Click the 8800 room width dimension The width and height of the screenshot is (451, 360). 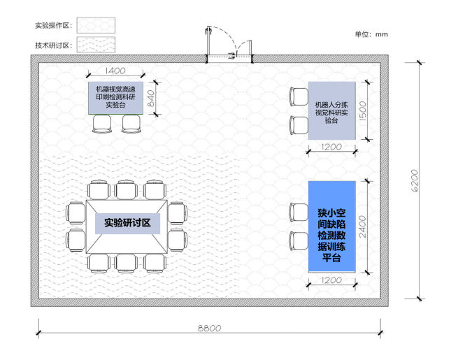click(x=209, y=328)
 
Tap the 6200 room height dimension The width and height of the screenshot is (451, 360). click(x=414, y=180)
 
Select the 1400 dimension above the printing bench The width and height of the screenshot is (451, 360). click(x=115, y=71)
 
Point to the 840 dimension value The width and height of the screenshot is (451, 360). click(x=151, y=99)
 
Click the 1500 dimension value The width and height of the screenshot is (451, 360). click(x=363, y=110)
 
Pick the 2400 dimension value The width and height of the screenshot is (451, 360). click(x=362, y=227)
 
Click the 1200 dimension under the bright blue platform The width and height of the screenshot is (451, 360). click(x=331, y=280)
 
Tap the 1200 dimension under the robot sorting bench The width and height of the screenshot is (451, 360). click(x=331, y=147)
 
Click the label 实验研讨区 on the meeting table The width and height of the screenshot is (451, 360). click(x=127, y=223)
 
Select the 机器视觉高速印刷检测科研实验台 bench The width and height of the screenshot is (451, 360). click(x=115, y=98)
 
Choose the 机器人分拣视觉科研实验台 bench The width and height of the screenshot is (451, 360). click(x=332, y=110)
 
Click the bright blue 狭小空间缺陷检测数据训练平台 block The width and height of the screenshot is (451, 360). click(x=332, y=226)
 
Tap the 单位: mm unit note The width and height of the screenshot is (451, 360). click(x=371, y=34)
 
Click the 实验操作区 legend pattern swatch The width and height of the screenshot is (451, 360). click(x=96, y=25)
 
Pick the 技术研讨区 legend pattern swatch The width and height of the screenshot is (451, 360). click(x=96, y=45)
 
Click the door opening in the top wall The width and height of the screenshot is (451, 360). click(x=229, y=59)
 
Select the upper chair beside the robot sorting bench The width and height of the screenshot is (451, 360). click(x=299, y=97)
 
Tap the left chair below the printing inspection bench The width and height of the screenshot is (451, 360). click(x=102, y=124)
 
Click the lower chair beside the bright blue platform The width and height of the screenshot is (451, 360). click(x=299, y=240)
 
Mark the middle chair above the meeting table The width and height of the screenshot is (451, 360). click(x=126, y=190)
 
